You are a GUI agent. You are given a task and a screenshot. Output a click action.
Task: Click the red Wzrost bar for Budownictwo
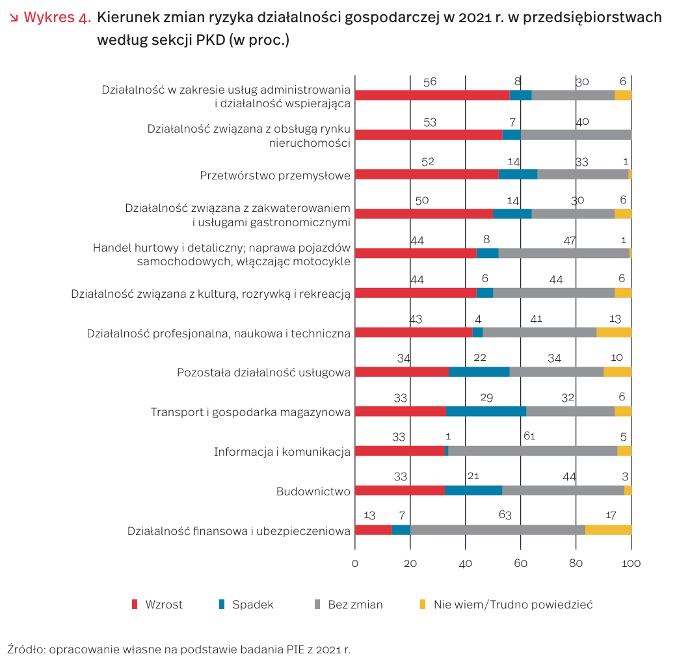pyautogui.click(x=399, y=490)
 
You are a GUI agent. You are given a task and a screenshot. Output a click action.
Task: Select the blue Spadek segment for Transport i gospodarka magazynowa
pyautogui.click(x=486, y=411)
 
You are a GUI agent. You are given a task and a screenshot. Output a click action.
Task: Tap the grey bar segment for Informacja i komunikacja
pyautogui.click(x=533, y=451)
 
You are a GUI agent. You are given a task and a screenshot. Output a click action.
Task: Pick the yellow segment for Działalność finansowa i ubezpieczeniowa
pyautogui.click(x=608, y=530)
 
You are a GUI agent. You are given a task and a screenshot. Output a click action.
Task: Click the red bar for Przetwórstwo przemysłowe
pyautogui.click(x=427, y=174)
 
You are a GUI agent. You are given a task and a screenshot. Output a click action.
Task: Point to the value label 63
pyautogui.click(x=505, y=516)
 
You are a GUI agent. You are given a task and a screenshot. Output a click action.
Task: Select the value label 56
pyautogui.click(x=430, y=82)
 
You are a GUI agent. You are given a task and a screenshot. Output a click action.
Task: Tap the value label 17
pyautogui.click(x=611, y=516)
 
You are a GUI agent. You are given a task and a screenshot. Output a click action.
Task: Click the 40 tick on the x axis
pyautogui.click(x=466, y=563)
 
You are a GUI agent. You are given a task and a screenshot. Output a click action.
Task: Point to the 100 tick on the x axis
pyautogui.click(x=631, y=563)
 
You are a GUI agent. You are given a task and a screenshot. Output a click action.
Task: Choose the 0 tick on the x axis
pyautogui.click(x=355, y=563)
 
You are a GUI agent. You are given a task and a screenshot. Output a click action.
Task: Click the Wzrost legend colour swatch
pyautogui.click(x=135, y=605)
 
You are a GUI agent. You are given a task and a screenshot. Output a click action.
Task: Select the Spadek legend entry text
pyautogui.click(x=253, y=605)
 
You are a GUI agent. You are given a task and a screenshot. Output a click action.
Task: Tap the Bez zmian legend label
pyautogui.click(x=355, y=605)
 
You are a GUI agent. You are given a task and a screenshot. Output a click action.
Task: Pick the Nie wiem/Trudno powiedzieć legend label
pyautogui.click(x=513, y=605)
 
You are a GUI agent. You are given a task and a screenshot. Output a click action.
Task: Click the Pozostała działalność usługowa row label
pyautogui.click(x=263, y=373)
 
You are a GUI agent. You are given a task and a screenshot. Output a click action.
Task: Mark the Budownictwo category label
pyautogui.click(x=313, y=491)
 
